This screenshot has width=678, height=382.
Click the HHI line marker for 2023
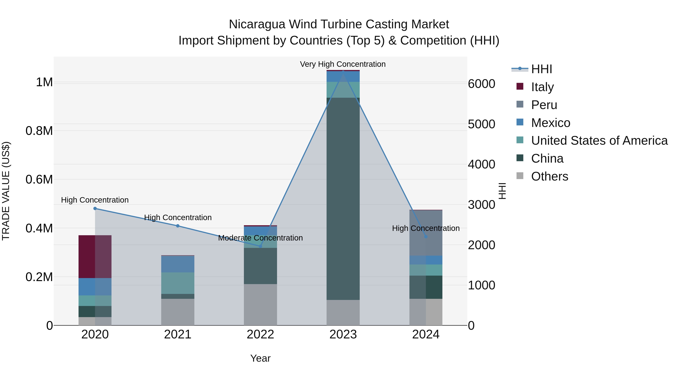point(343,72)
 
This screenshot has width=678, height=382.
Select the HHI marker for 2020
point(95,208)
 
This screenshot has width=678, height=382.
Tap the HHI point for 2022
point(260,246)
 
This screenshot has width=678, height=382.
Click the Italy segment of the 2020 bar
point(95,257)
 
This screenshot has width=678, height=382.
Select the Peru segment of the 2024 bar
point(426,233)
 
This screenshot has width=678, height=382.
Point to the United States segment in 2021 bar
point(178,283)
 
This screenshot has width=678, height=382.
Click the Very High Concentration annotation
point(343,64)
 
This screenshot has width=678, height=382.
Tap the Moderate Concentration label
point(260,238)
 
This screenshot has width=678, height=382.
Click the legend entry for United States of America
point(599,141)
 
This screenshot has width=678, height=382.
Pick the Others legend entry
point(549,176)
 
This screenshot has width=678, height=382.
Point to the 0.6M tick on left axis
point(39,180)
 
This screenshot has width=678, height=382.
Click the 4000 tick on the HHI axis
point(481,164)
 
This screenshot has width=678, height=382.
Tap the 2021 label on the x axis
point(178,334)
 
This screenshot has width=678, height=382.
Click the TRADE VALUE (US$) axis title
point(6,191)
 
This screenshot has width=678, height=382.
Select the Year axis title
point(260,358)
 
